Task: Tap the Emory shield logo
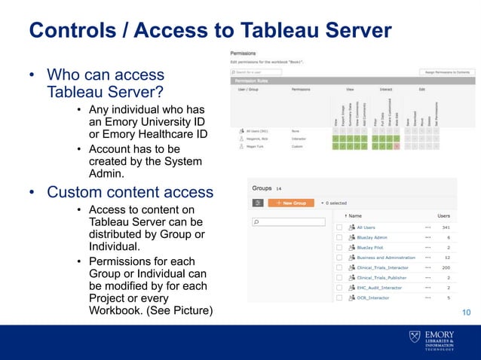click(415, 337)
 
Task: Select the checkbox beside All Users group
click(340, 227)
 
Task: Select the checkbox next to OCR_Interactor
click(340, 297)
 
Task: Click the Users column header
click(443, 215)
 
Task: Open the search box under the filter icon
click(289, 222)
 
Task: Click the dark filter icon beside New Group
click(258, 203)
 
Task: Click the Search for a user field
click(256, 72)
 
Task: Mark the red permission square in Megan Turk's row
click(397, 147)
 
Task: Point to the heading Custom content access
click(130, 192)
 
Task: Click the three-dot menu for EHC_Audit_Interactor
click(427, 288)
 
